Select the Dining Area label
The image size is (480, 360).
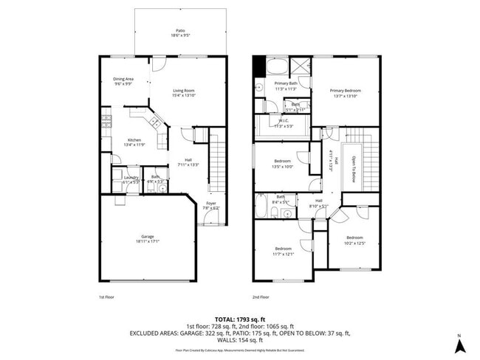123,79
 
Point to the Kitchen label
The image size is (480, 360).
134,139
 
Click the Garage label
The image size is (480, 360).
148,236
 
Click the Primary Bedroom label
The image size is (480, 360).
345,90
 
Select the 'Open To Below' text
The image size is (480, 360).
354,169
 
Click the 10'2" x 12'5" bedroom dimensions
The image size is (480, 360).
355,243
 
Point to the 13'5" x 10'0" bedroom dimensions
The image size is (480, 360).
283,167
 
